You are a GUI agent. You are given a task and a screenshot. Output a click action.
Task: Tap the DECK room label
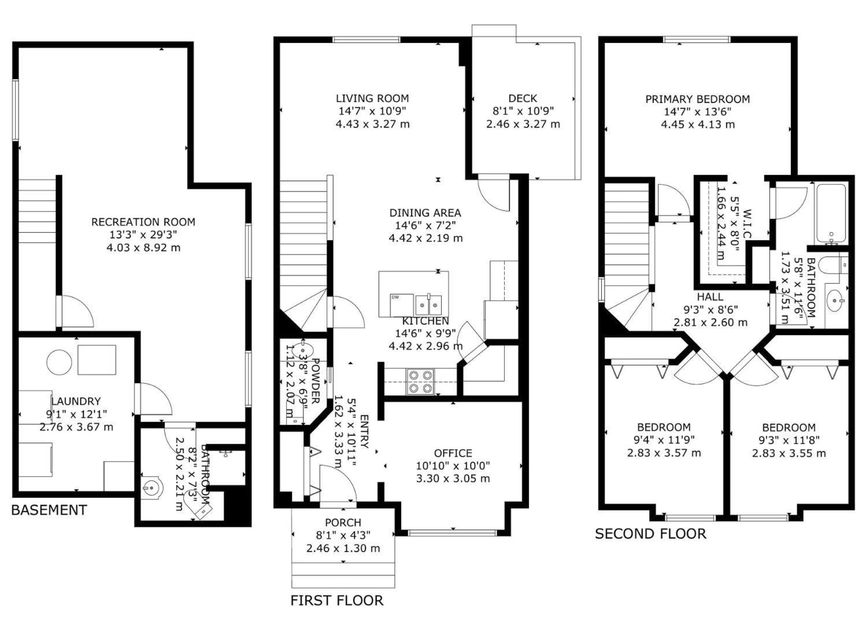pyautogui.click(x=522, y=98)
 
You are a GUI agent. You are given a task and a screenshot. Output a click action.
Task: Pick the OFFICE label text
pyautogui.click(x=453, y=453)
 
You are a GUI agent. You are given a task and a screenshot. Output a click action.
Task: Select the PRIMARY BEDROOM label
pyautogui.click(x=697, y=99)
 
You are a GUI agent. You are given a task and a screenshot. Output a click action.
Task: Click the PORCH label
pyautogui.click(x=343, y=522)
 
